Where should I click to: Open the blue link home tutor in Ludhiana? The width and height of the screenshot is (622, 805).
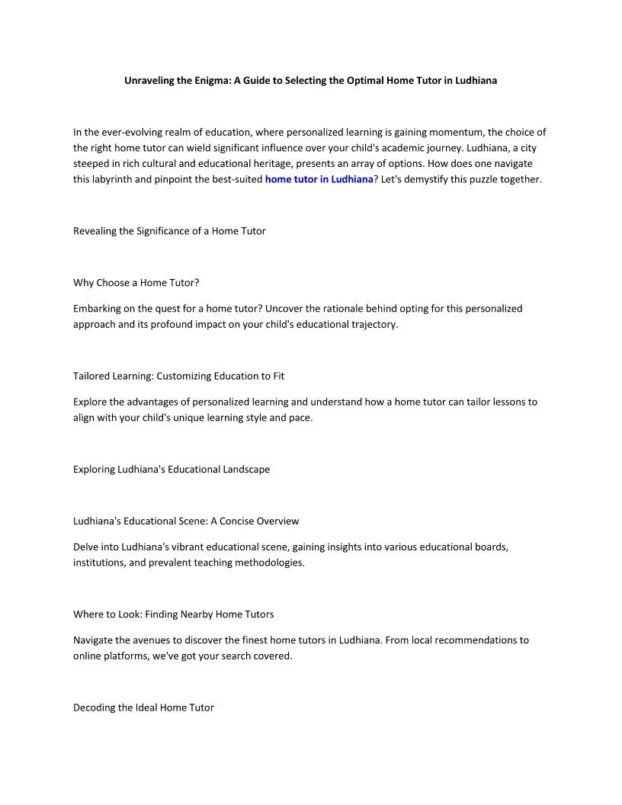pyautogui.click(x=319, y=180)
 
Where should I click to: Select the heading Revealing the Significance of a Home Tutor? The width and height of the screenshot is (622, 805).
pyautogui.click(x=169, y=231)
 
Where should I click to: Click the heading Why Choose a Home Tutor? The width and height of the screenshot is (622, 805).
pyautogui.click(x=136, y=283)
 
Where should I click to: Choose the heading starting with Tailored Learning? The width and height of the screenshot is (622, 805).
pyautogui.click(x=178, y=376)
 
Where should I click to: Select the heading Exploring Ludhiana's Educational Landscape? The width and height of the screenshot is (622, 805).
pyautogui.click(x=172, y=470)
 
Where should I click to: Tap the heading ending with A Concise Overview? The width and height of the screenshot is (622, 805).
pyautogui.click(x=186, y=521)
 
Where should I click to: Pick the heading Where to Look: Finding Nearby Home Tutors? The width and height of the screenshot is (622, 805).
pyautogui.click(x=173, y=614)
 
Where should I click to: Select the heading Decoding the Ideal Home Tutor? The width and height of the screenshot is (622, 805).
pyautogui.click(x=143, y=708)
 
